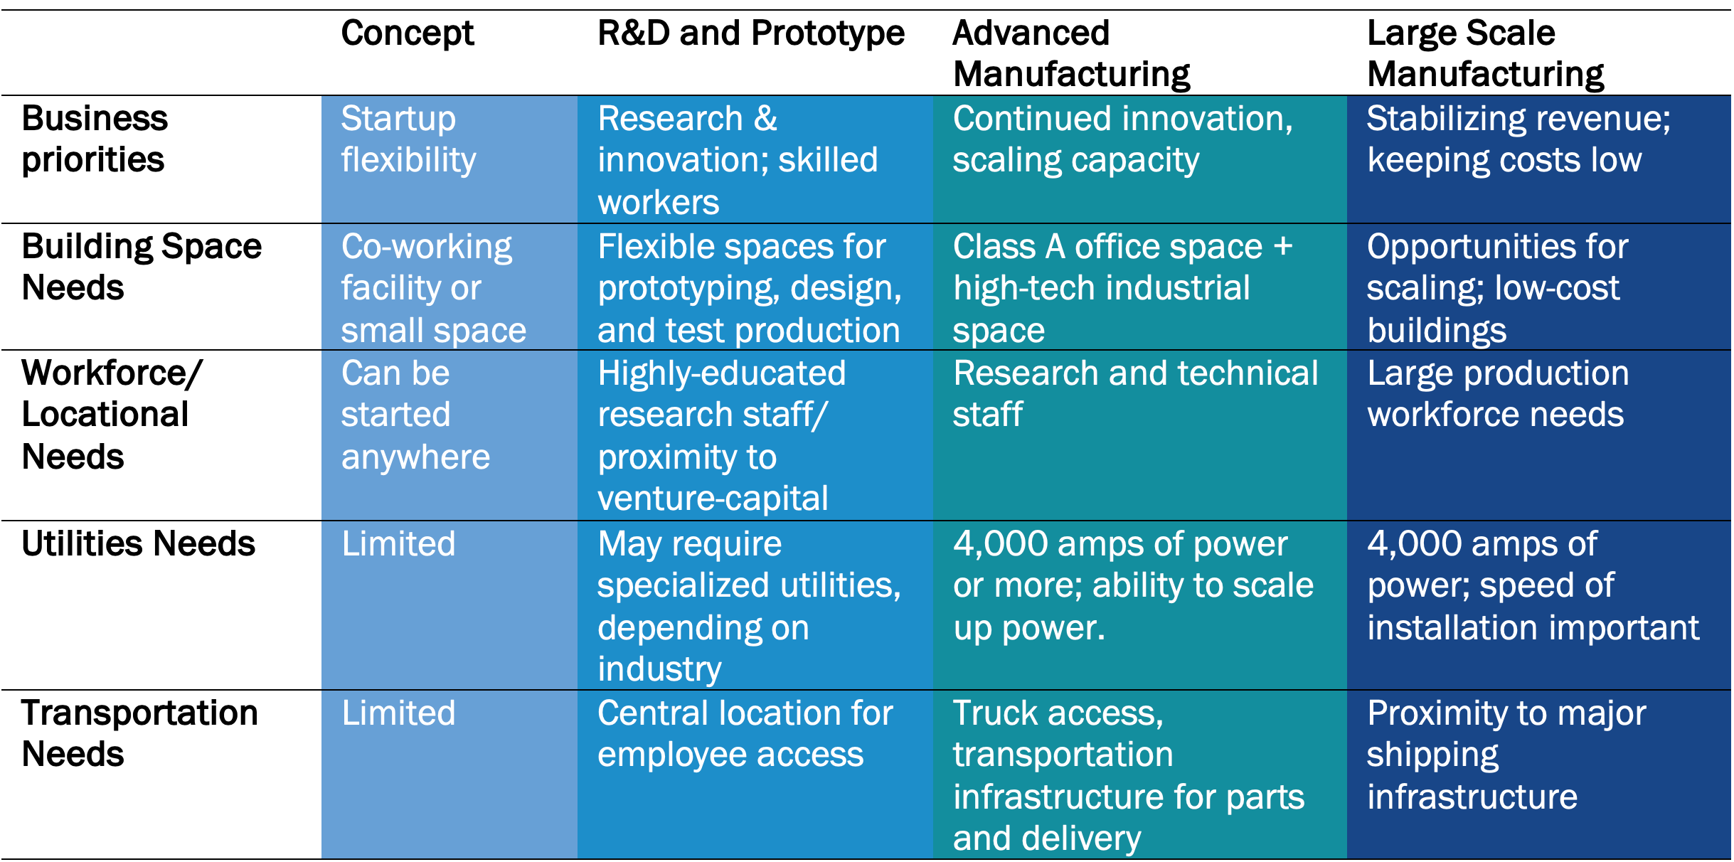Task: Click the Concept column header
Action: [407, 33]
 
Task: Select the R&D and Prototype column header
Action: [751, 33]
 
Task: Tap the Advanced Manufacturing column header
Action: [1072, 53]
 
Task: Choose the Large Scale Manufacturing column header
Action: [1485, 53]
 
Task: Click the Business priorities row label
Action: [95, 139]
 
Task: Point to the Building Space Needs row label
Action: [142, 267]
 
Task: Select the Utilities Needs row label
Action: [138, 544]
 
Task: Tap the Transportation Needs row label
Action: [139, 733]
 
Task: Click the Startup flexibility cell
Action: [408, 139]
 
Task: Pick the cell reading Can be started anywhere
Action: [415, 415]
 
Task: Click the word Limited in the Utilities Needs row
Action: [398, 544]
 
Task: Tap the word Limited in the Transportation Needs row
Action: [398, 713]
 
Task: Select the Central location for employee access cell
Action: [745, 733]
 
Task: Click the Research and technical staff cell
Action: [1135, 393]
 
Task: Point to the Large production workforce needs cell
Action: [1497, 393]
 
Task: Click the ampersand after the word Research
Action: [766, 119]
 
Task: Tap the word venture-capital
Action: [713, 499]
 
